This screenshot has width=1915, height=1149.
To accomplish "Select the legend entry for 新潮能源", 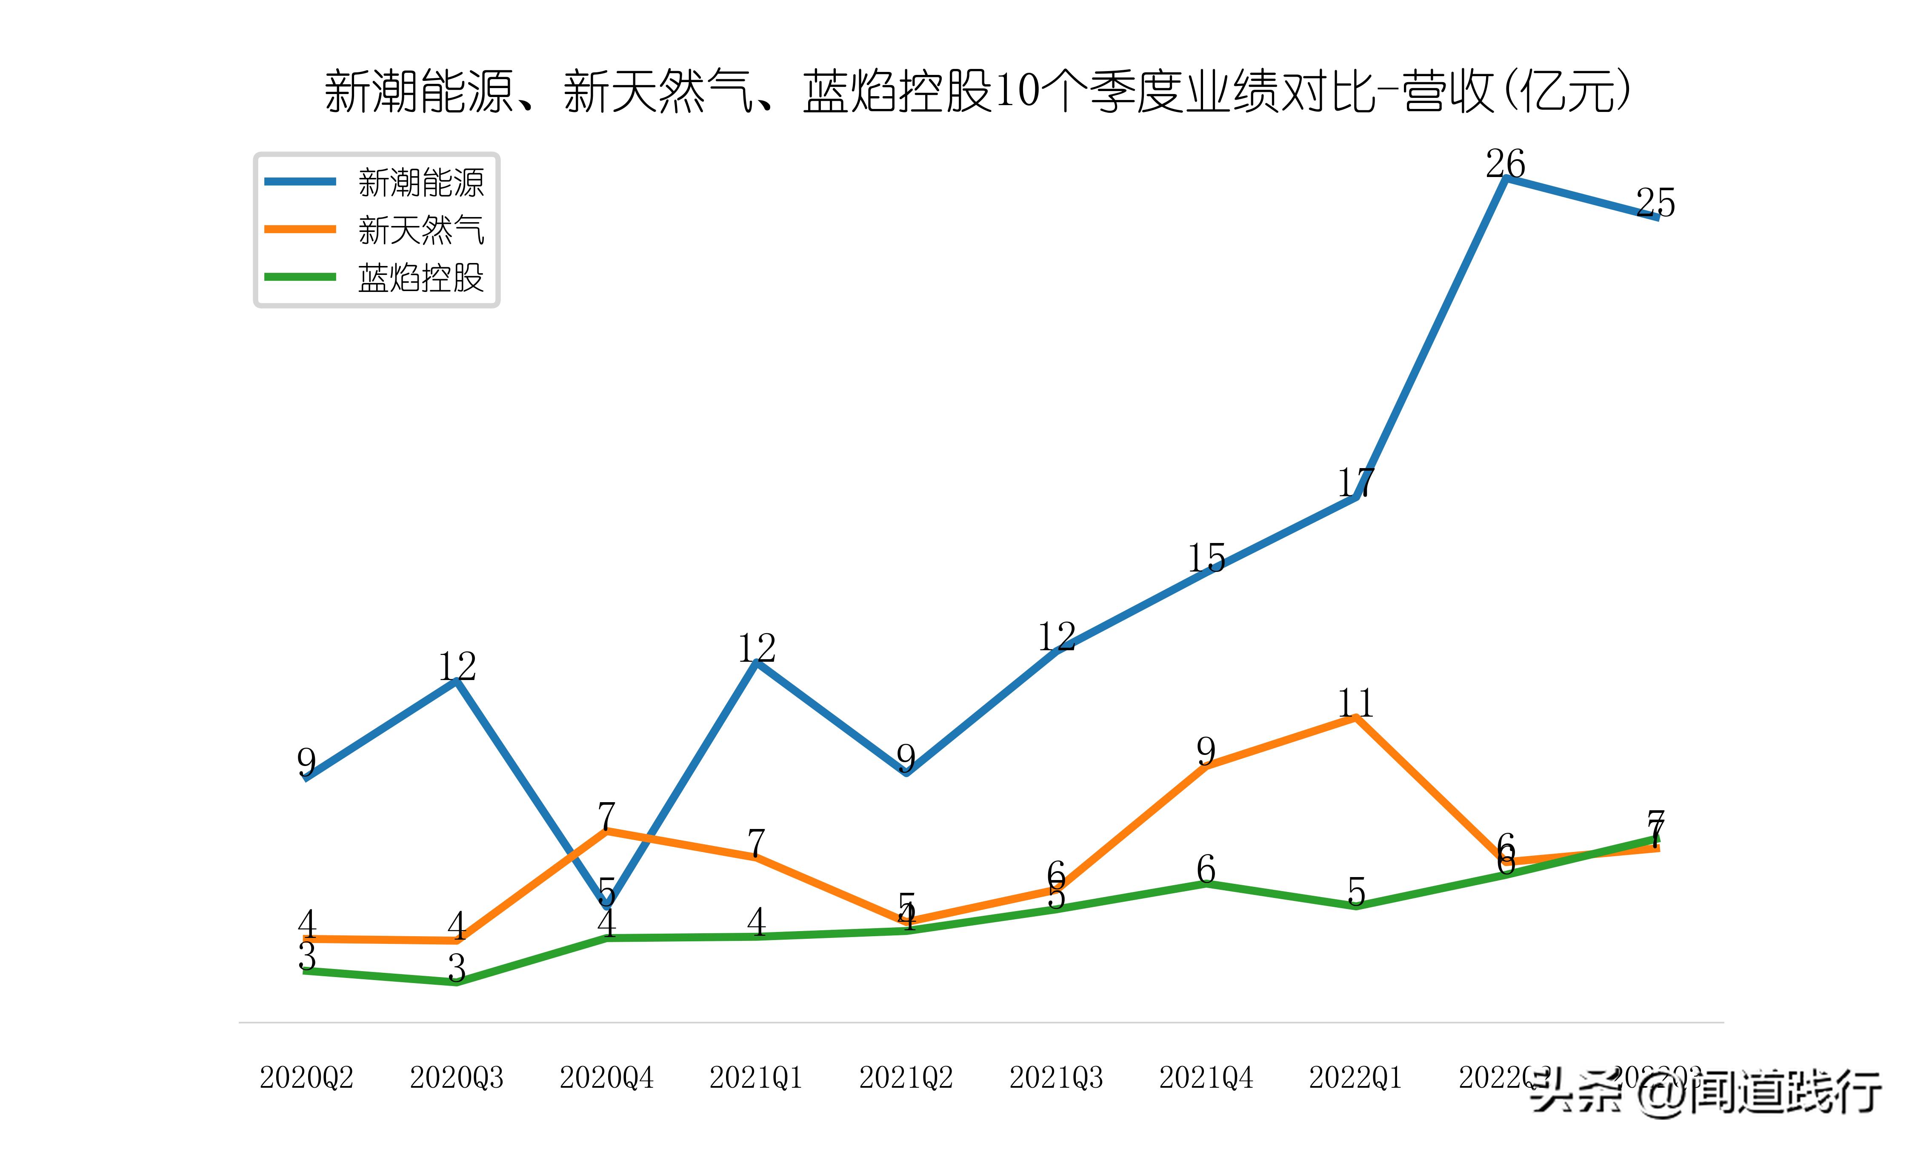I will coord(420,183).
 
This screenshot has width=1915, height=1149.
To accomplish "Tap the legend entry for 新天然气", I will coord(420,230).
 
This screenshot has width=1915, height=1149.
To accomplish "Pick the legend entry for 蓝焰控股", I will coord(420,277).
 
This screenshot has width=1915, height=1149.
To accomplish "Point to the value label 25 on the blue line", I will coord(1655,203).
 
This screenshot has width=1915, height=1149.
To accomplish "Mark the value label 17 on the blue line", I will coord(1355,482).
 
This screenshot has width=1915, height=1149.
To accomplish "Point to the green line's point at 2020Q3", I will coord(457,982).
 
